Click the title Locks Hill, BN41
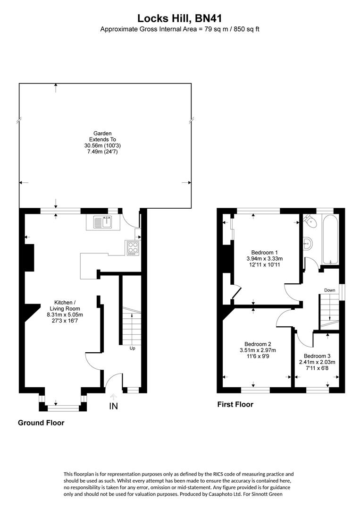(x=180, y=18)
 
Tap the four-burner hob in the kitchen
(x=133, y=248)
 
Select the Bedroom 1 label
(x=264, y=252)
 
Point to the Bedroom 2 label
(x=257, y=344)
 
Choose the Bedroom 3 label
(x=317, y=356)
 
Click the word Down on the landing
(x=329, y=290)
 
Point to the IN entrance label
(x=113, y=406)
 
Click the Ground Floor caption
(x=41, y=423)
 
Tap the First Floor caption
(x=235, y=404)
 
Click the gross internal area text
(x=180, y=29)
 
